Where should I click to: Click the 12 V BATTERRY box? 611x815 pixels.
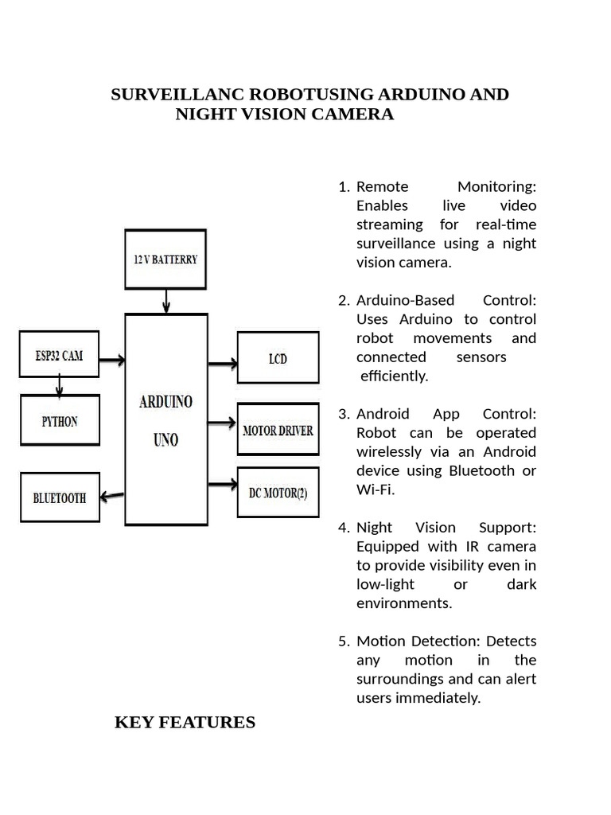click(165, 259)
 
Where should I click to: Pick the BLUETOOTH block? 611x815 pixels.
click(60, 498)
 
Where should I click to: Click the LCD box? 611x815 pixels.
click(278, 358)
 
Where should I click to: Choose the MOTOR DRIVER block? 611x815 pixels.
click(278, 431)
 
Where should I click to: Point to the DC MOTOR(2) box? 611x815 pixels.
click(278, 492)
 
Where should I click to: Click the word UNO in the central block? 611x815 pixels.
click(165, 439)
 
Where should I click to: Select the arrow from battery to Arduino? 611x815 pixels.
click(165, 301)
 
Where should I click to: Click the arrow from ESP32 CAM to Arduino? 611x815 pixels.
click(112, 360)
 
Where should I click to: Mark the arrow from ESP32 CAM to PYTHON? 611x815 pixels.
click(59, 386)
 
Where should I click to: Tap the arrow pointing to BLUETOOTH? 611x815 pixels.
click(113, 495)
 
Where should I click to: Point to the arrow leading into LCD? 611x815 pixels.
click(223, 364)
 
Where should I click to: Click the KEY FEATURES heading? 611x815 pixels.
click(185, 723)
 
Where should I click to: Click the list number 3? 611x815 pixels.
click(343, 414)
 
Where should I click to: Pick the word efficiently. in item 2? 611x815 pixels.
click(395, 376)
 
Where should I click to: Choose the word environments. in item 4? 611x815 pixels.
click(404, 603)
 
